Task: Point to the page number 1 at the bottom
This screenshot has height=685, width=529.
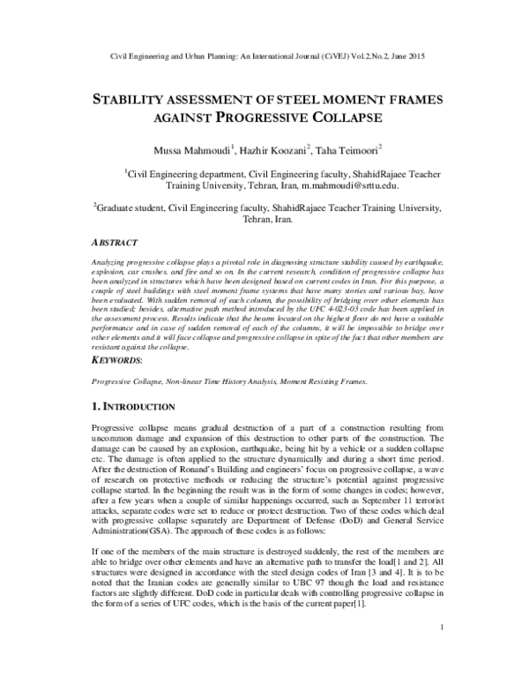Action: coord(438,651)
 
